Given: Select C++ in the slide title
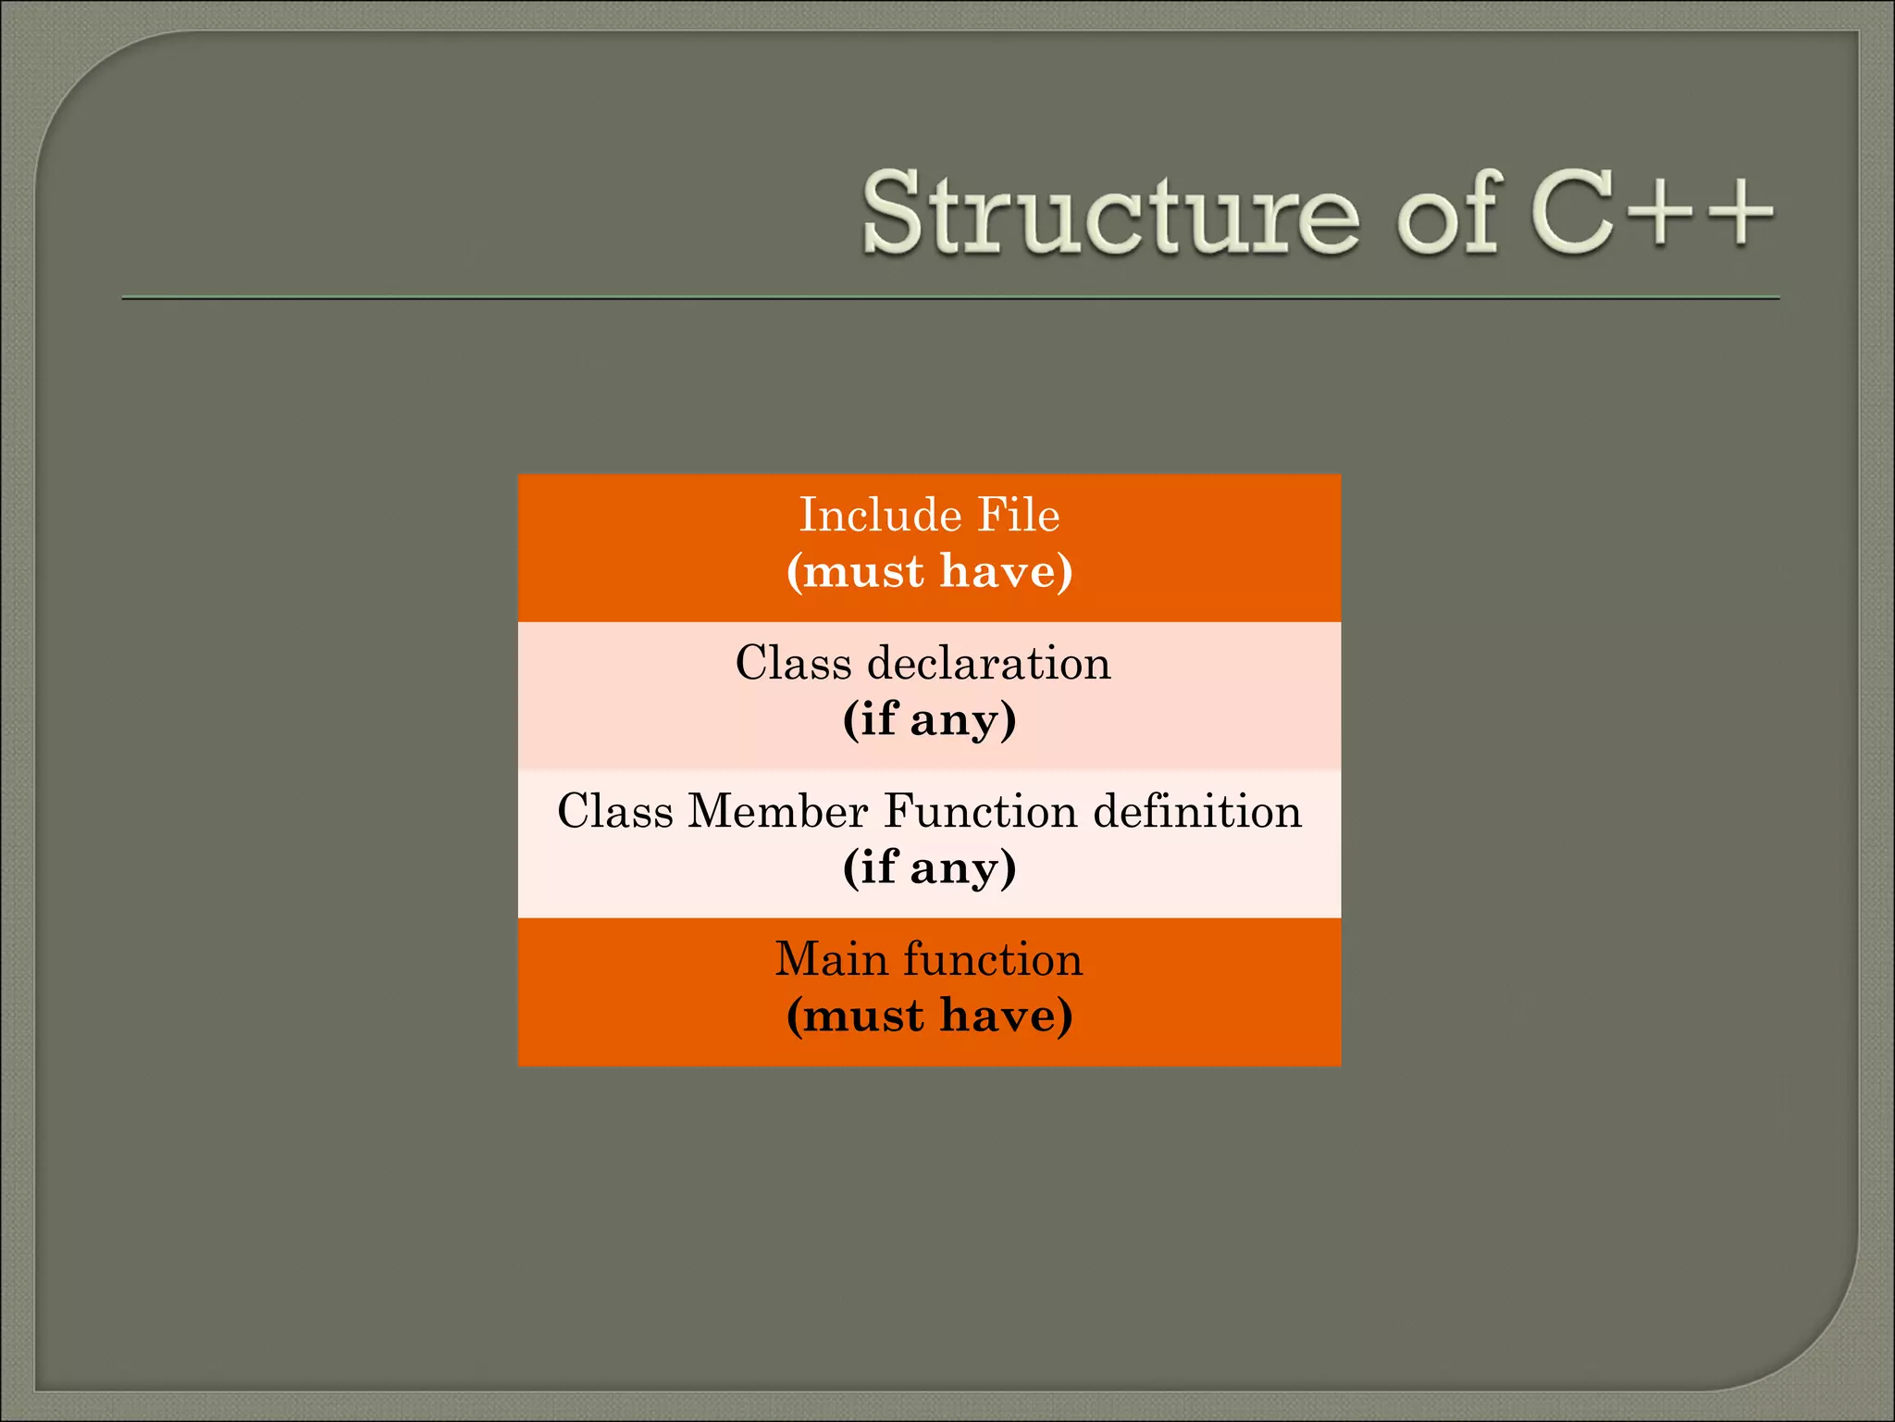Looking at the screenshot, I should click(1653, 215).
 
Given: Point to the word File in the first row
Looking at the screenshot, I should click(1019, 515).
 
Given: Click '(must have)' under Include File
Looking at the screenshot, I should click(929, 570).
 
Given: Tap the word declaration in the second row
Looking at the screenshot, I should click(989, 663).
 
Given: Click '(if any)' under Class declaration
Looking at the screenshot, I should click(929, 719).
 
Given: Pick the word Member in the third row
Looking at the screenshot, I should click(778, 811).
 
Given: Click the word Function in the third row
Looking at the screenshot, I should click(981, 811).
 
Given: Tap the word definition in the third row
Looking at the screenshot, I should click(1197, 811).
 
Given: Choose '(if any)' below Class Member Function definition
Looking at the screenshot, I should click(929, 867).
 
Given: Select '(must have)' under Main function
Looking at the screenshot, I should click(929, 1016).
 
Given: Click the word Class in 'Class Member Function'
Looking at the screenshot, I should click(615, 811).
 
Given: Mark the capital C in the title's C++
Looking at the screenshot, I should click(1573, 215).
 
